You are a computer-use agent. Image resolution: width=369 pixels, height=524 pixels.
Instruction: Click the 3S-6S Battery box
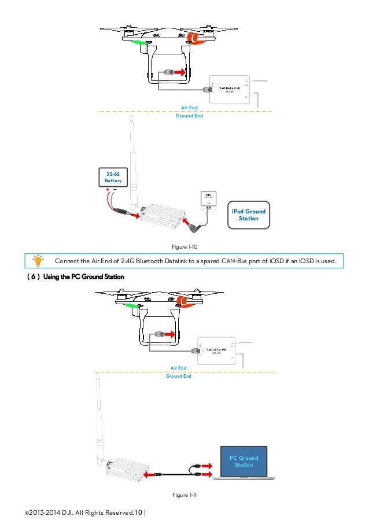click(110, 178)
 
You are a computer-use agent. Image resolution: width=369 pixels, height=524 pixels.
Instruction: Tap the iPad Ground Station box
click(248, 215)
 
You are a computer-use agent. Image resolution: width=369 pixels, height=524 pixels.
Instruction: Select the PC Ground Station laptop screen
click(243, 462)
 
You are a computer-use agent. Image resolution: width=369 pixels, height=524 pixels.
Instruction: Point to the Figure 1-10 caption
click(184, 247)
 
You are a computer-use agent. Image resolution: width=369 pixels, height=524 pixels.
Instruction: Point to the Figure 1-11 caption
click(184, 496)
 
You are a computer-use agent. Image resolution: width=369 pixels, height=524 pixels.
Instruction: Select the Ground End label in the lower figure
click(179, 376)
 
